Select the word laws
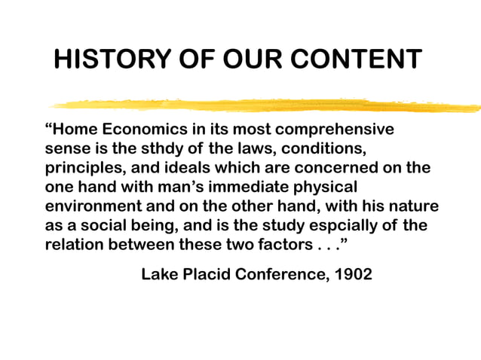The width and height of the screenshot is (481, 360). tap(242, 148)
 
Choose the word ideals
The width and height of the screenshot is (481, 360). tap(176, 167)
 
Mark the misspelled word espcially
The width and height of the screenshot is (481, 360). tap(345, 225)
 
